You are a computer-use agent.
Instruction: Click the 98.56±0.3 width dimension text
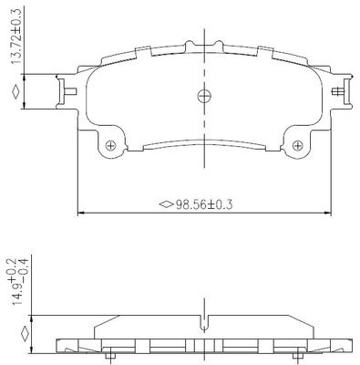click(204, 204)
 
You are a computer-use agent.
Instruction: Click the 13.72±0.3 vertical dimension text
click(17, 36)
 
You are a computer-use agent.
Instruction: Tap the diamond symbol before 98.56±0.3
click(167, 204)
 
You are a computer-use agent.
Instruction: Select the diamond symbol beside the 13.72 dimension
click(15, 92)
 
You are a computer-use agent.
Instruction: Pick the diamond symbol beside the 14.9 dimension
click(25, 334)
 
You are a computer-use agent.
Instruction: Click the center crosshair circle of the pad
click(204, 97)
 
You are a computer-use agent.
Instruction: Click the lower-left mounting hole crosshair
click(110, 145)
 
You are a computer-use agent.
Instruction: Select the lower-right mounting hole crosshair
click(297, 145)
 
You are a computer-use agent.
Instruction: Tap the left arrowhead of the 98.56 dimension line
click(81, 213)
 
